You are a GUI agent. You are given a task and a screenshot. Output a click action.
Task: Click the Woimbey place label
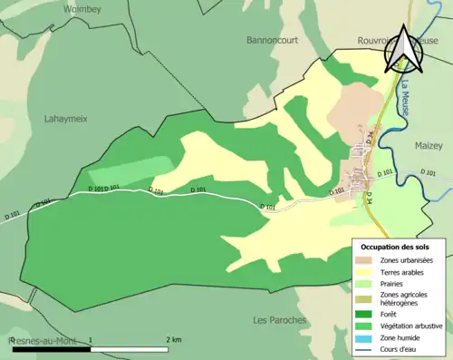82,8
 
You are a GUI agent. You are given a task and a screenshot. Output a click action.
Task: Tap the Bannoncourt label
274,40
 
